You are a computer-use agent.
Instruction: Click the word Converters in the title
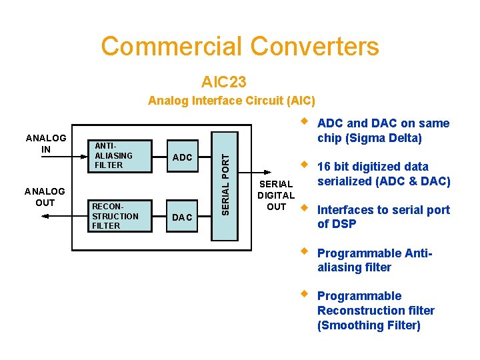315,47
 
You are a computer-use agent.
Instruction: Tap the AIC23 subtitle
223,82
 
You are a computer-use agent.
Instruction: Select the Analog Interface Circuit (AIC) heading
231,101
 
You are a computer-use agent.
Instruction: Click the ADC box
183,157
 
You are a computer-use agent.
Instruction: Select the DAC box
183,217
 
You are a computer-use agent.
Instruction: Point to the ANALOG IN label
45,143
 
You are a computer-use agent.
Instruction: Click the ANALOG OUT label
45,197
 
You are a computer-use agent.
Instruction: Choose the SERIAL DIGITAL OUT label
276,195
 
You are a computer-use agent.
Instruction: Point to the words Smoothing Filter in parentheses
369,325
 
